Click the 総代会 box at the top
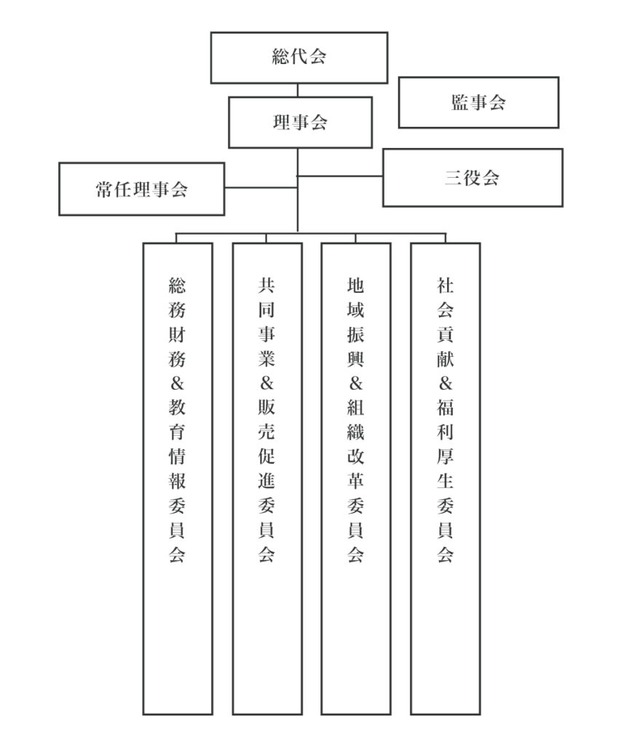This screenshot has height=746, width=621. coord(298,58)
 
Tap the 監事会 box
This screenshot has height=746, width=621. coord(478,102)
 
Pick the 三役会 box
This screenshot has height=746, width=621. coord(472,178)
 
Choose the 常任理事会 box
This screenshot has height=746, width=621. coord(141,189)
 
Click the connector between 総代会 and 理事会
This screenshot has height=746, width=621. coord(298,90)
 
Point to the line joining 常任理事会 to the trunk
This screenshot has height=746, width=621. coord(261,188)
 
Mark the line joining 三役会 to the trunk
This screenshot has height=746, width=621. coord(340,176)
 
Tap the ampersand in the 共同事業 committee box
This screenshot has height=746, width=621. coord(267,385)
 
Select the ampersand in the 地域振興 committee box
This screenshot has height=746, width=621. coord(356,385)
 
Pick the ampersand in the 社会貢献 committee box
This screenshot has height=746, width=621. coord(446,385)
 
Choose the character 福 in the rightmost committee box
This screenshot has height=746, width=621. coord(446,409)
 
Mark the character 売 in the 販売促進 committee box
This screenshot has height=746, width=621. coord(267,433)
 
